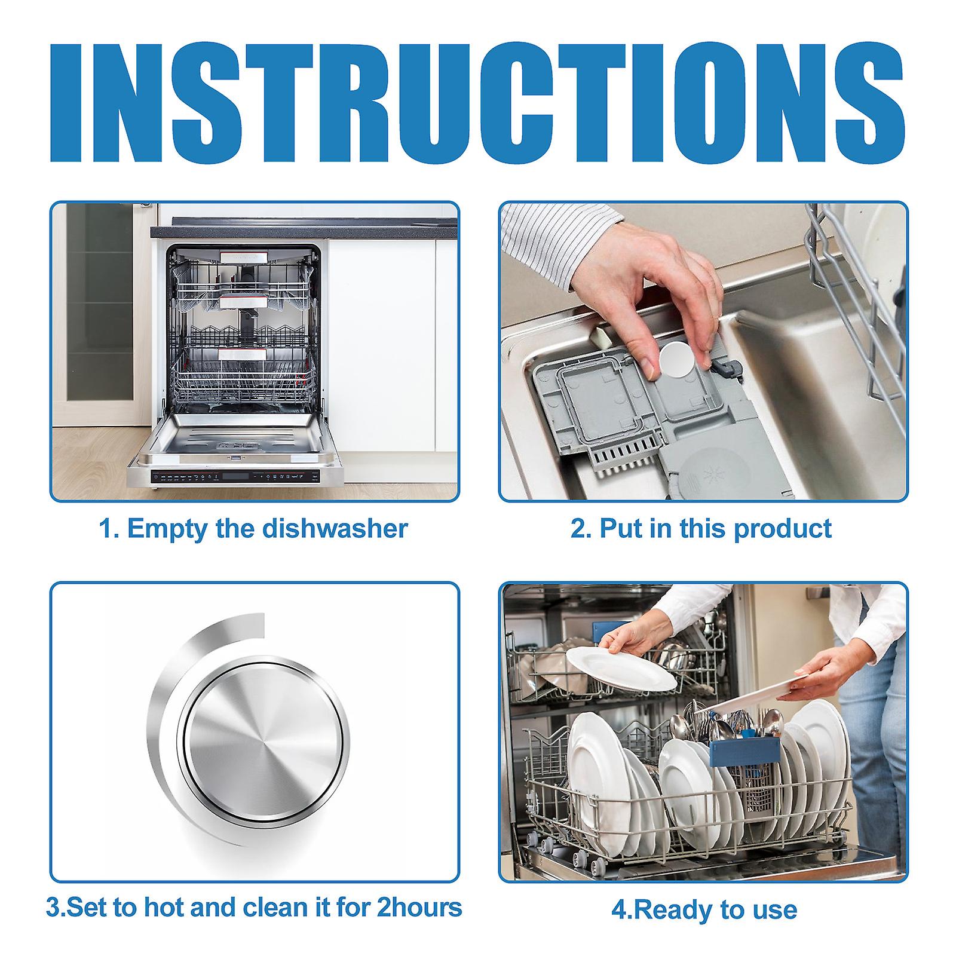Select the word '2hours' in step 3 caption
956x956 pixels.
[418, 907]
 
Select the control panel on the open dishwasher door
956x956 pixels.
[236, 477]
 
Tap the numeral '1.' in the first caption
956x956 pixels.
[106, 529]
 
